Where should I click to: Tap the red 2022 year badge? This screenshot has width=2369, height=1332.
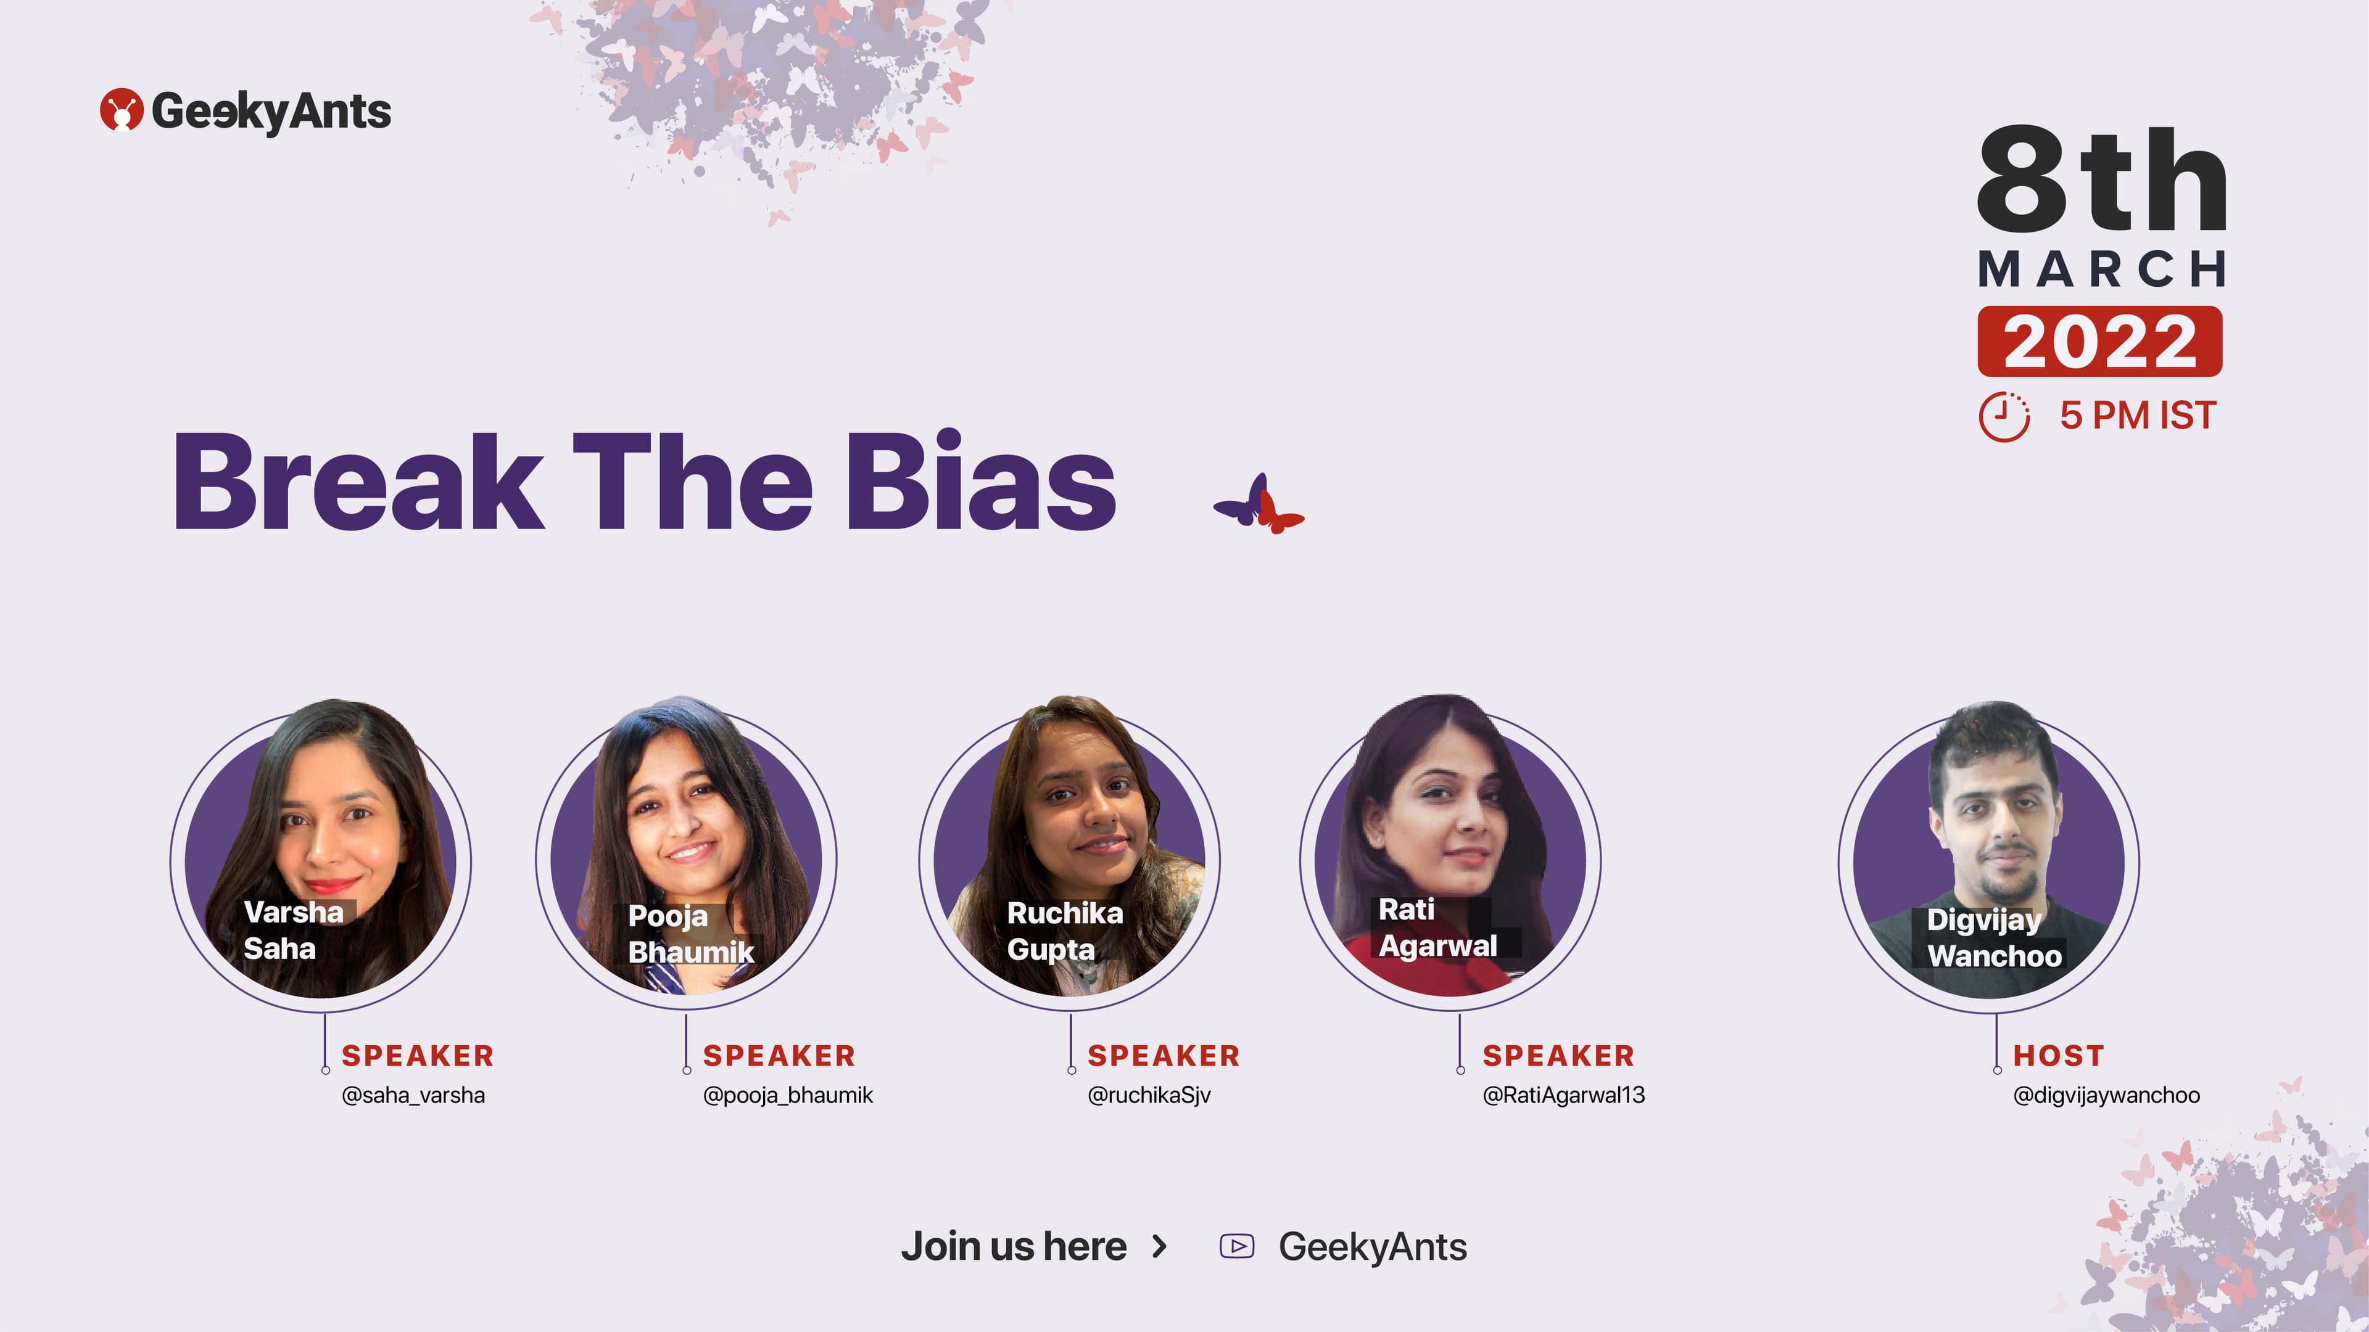(x=2099, y=341)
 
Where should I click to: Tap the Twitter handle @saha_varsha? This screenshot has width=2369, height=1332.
(x=413, y=1095)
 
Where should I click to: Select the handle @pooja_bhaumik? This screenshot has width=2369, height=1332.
(x=787, y=1095)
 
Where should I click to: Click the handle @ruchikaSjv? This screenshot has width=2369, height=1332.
(x=1149, y=1095)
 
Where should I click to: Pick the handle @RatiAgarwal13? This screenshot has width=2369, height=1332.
(x=1563, y=1095)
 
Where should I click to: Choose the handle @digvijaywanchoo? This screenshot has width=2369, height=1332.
(x=2106, y=1095)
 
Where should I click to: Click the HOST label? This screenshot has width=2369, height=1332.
(x=2058, y=1055)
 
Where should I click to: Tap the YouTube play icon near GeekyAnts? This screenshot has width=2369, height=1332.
(x=1237, y=1246)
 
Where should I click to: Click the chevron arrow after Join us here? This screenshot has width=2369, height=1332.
(x=1160, y=1246)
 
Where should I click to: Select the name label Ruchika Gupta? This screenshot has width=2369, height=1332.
(x=1065, y=931)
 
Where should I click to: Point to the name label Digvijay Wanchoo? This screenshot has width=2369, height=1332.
(x=1994, y=937)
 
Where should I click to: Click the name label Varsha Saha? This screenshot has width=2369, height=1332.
(x=292, y=931)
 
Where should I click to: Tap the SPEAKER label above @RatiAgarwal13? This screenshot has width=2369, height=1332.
(x=1558, y=1055)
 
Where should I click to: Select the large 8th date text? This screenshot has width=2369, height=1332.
(x=2101, y=179)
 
